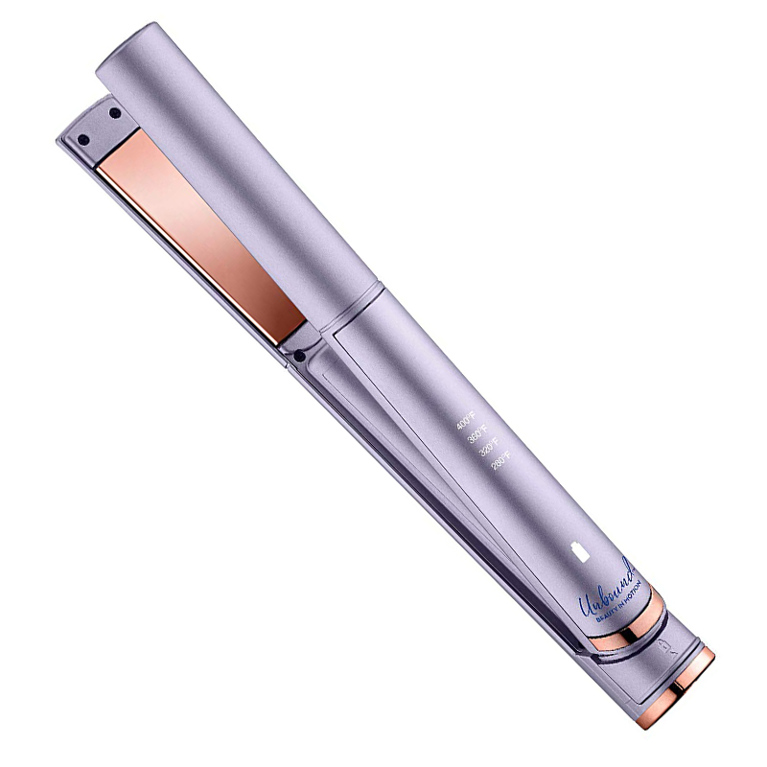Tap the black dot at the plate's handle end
tap(301, 357)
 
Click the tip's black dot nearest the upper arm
tap(114, 114)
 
